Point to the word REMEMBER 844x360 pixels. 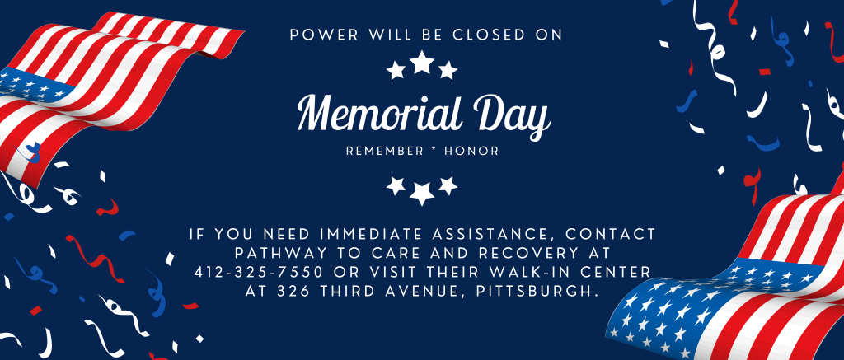pos(385,152)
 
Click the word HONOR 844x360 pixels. pos(471,152)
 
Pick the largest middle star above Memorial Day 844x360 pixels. pos(422,62)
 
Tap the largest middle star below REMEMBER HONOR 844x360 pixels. pos(422,194)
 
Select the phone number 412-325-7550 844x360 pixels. pos(258,272)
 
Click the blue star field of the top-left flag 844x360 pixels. pos(32,85)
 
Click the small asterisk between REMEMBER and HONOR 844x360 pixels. pos(434,151)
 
